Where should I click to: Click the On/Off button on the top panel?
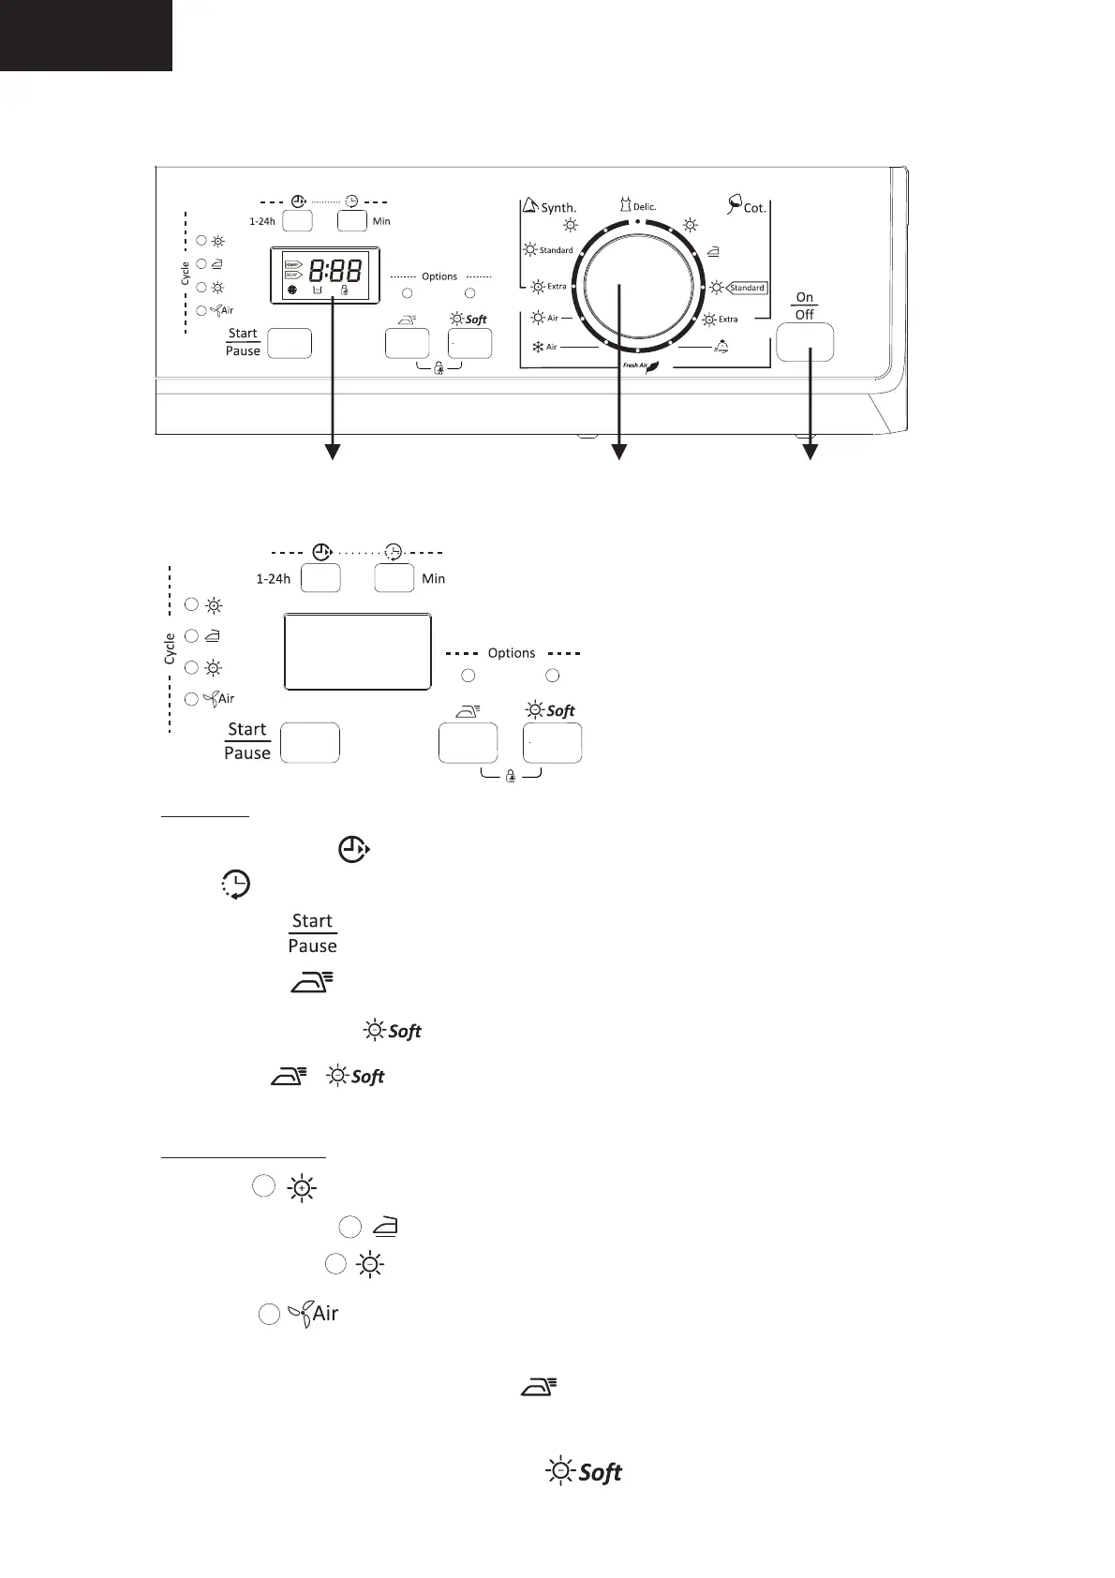pos(805,342)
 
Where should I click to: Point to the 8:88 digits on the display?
pos(335,272)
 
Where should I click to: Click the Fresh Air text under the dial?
pos(636,365)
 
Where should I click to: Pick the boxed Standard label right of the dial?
pos(748,288)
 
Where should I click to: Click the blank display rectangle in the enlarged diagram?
pos(357,651)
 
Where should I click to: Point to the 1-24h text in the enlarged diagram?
pos(273,579)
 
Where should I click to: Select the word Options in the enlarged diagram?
pos(512,653)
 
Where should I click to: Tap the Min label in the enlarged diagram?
pos(433,579)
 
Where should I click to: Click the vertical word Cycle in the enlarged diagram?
pos(170,648)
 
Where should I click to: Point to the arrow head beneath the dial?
pos(618,454)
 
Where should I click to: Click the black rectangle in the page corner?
pos(85,35)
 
